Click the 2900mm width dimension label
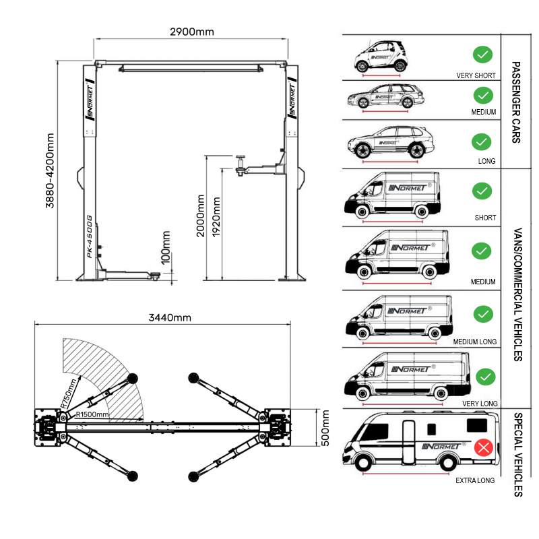[192, 32]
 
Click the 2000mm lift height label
[200, 216]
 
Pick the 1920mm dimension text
[216, 216]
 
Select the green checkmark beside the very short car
[482, 54]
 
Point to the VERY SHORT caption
[476, 76]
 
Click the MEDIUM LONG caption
[474, 342]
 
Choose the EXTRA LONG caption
[475, 480]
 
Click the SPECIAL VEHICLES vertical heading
[517, 455]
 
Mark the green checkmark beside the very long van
[484, 376]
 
